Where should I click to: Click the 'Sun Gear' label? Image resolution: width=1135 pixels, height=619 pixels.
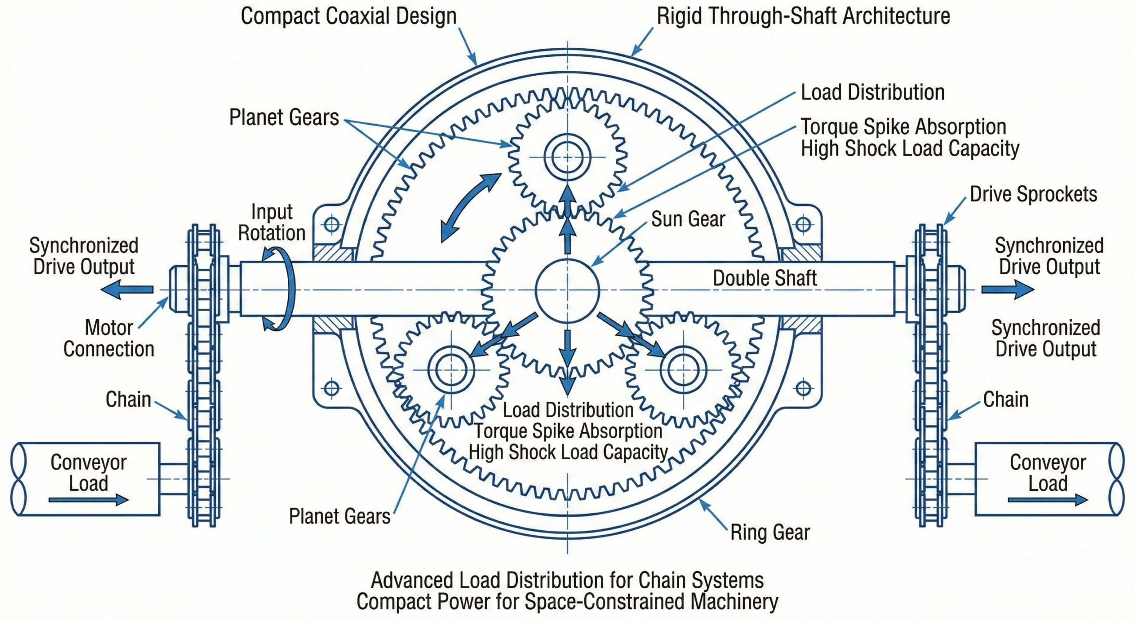[688, 219]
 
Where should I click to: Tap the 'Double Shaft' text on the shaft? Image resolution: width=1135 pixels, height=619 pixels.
[765, 278]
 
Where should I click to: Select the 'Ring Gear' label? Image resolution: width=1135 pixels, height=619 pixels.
[770, 532]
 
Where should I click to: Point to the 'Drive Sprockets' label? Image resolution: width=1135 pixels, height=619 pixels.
[1033, 194]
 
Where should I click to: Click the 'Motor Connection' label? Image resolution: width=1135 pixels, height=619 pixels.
[109, 338]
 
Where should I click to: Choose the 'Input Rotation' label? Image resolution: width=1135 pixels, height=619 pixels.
[272, 222]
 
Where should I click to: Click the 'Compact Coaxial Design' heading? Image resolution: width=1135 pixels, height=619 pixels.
[348, 16]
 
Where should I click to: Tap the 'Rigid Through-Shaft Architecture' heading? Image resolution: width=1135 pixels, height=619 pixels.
[803, 16]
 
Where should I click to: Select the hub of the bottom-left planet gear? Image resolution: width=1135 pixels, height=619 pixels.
[451, 369]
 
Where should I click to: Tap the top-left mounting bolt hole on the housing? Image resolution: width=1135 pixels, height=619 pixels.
[332, 225]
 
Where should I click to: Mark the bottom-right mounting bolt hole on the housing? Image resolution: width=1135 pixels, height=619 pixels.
[803, 389]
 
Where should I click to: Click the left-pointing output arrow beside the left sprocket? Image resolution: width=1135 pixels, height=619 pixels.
[127, 290]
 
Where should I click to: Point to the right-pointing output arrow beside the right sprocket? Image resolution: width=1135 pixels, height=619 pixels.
[1007, 290]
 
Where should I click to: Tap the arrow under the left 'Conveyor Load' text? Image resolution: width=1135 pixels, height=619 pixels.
[89, 500]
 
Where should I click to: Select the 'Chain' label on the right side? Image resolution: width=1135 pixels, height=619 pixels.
[1006, 400]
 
